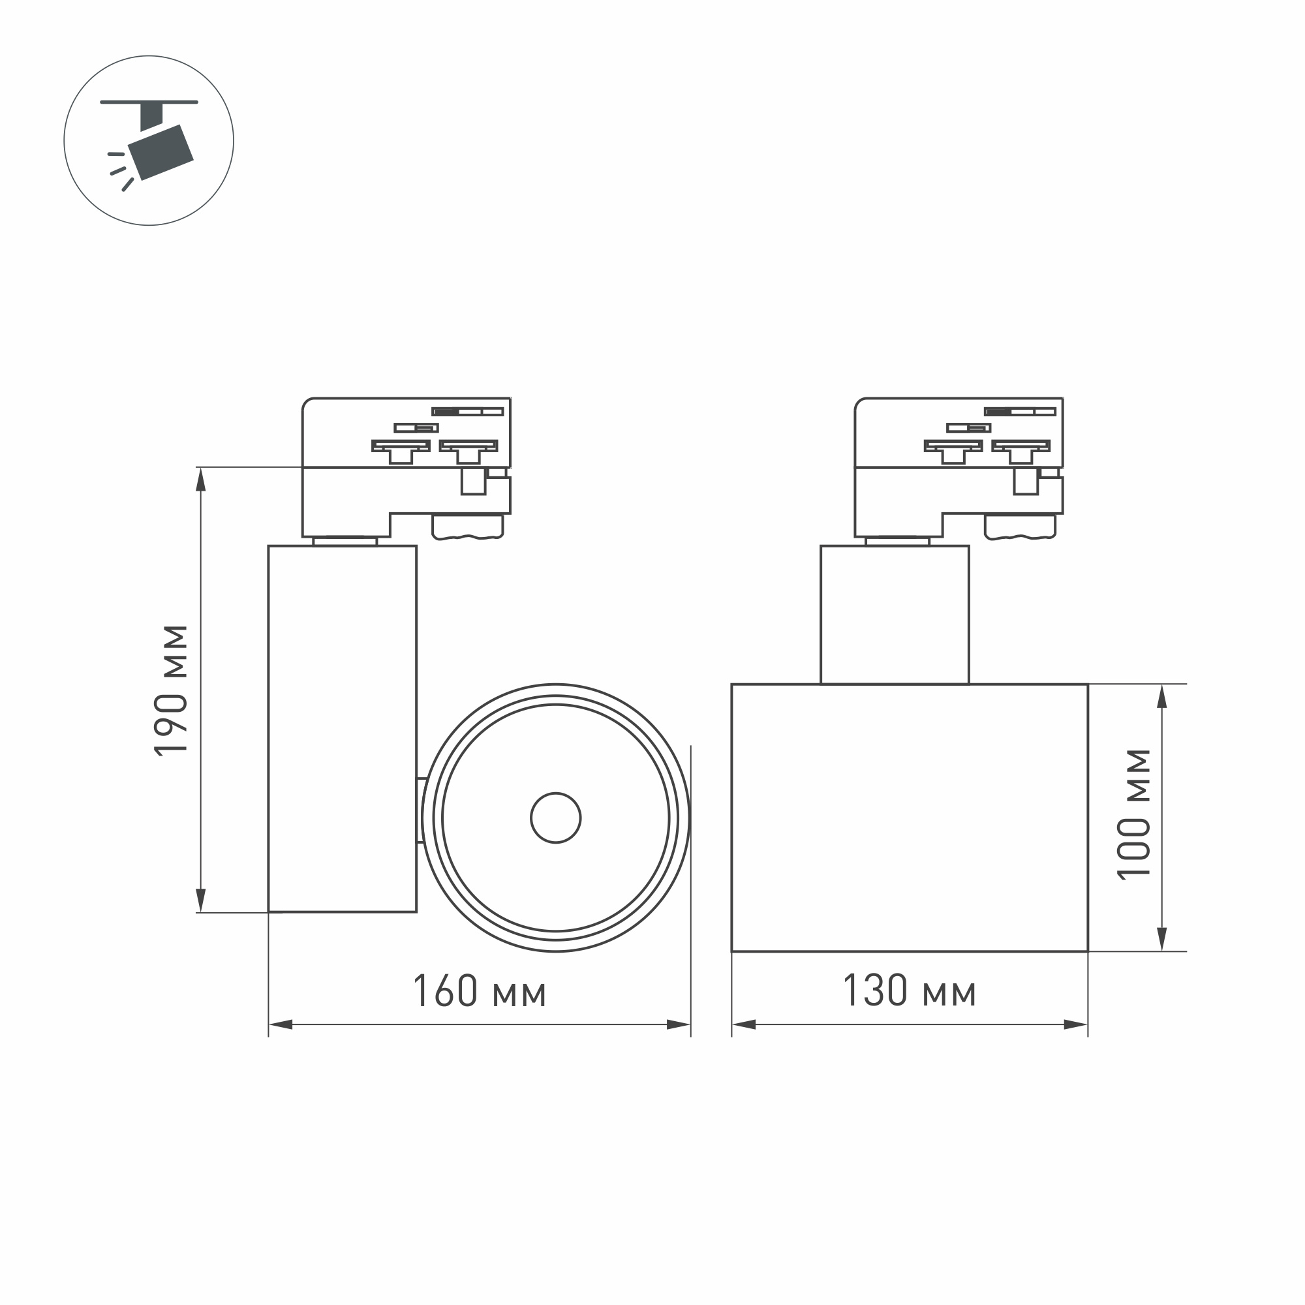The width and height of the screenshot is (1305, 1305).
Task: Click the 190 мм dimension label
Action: point(171,689)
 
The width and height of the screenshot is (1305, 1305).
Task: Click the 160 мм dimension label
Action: point(479,992)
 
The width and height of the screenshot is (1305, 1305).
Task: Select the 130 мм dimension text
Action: point(909,992)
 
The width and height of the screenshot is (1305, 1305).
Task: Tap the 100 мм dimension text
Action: point(1133,814)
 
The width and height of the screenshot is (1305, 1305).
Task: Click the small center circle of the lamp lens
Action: point(555,818)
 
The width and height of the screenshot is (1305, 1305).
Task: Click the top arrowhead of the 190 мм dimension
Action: point(200,480)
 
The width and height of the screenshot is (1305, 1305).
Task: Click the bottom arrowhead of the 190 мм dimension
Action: point(200,900)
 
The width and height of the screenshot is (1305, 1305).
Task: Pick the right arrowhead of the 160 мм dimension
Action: point(678,1024)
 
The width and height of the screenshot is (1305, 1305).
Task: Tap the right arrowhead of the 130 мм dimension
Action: point(1075,1024)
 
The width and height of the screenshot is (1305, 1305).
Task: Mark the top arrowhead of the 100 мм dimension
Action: point(1163,697)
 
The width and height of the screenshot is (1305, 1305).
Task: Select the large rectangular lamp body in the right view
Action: point(909,818)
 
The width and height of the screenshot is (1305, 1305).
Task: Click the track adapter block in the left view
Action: point(405,466)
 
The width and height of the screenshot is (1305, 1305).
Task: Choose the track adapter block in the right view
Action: point(958,466)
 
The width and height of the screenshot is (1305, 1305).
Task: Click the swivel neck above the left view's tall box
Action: point(345,541)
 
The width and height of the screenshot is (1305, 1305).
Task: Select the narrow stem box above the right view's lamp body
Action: point(895,614)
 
